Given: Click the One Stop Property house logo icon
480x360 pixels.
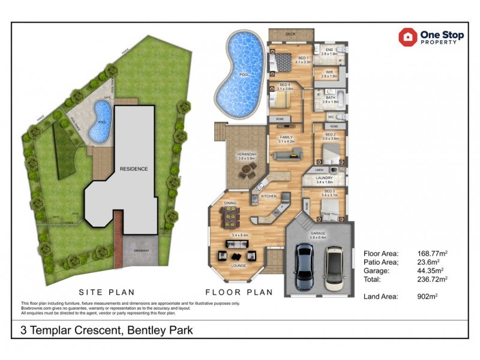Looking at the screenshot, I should click(408, 37).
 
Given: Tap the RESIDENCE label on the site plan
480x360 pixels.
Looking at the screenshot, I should click(133, 169).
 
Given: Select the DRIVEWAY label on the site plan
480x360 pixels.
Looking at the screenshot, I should click(142, 250).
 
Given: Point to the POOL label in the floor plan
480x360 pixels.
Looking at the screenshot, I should click(243, 75).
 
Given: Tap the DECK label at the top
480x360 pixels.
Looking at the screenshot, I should click(290, 34).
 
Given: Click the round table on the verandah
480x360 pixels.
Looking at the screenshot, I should click(245, 172).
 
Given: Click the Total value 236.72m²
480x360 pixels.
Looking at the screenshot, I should click(433, 279).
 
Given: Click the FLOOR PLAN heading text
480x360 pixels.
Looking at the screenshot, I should click(239, 293).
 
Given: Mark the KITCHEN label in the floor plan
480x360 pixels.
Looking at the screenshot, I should click(269, 196).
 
